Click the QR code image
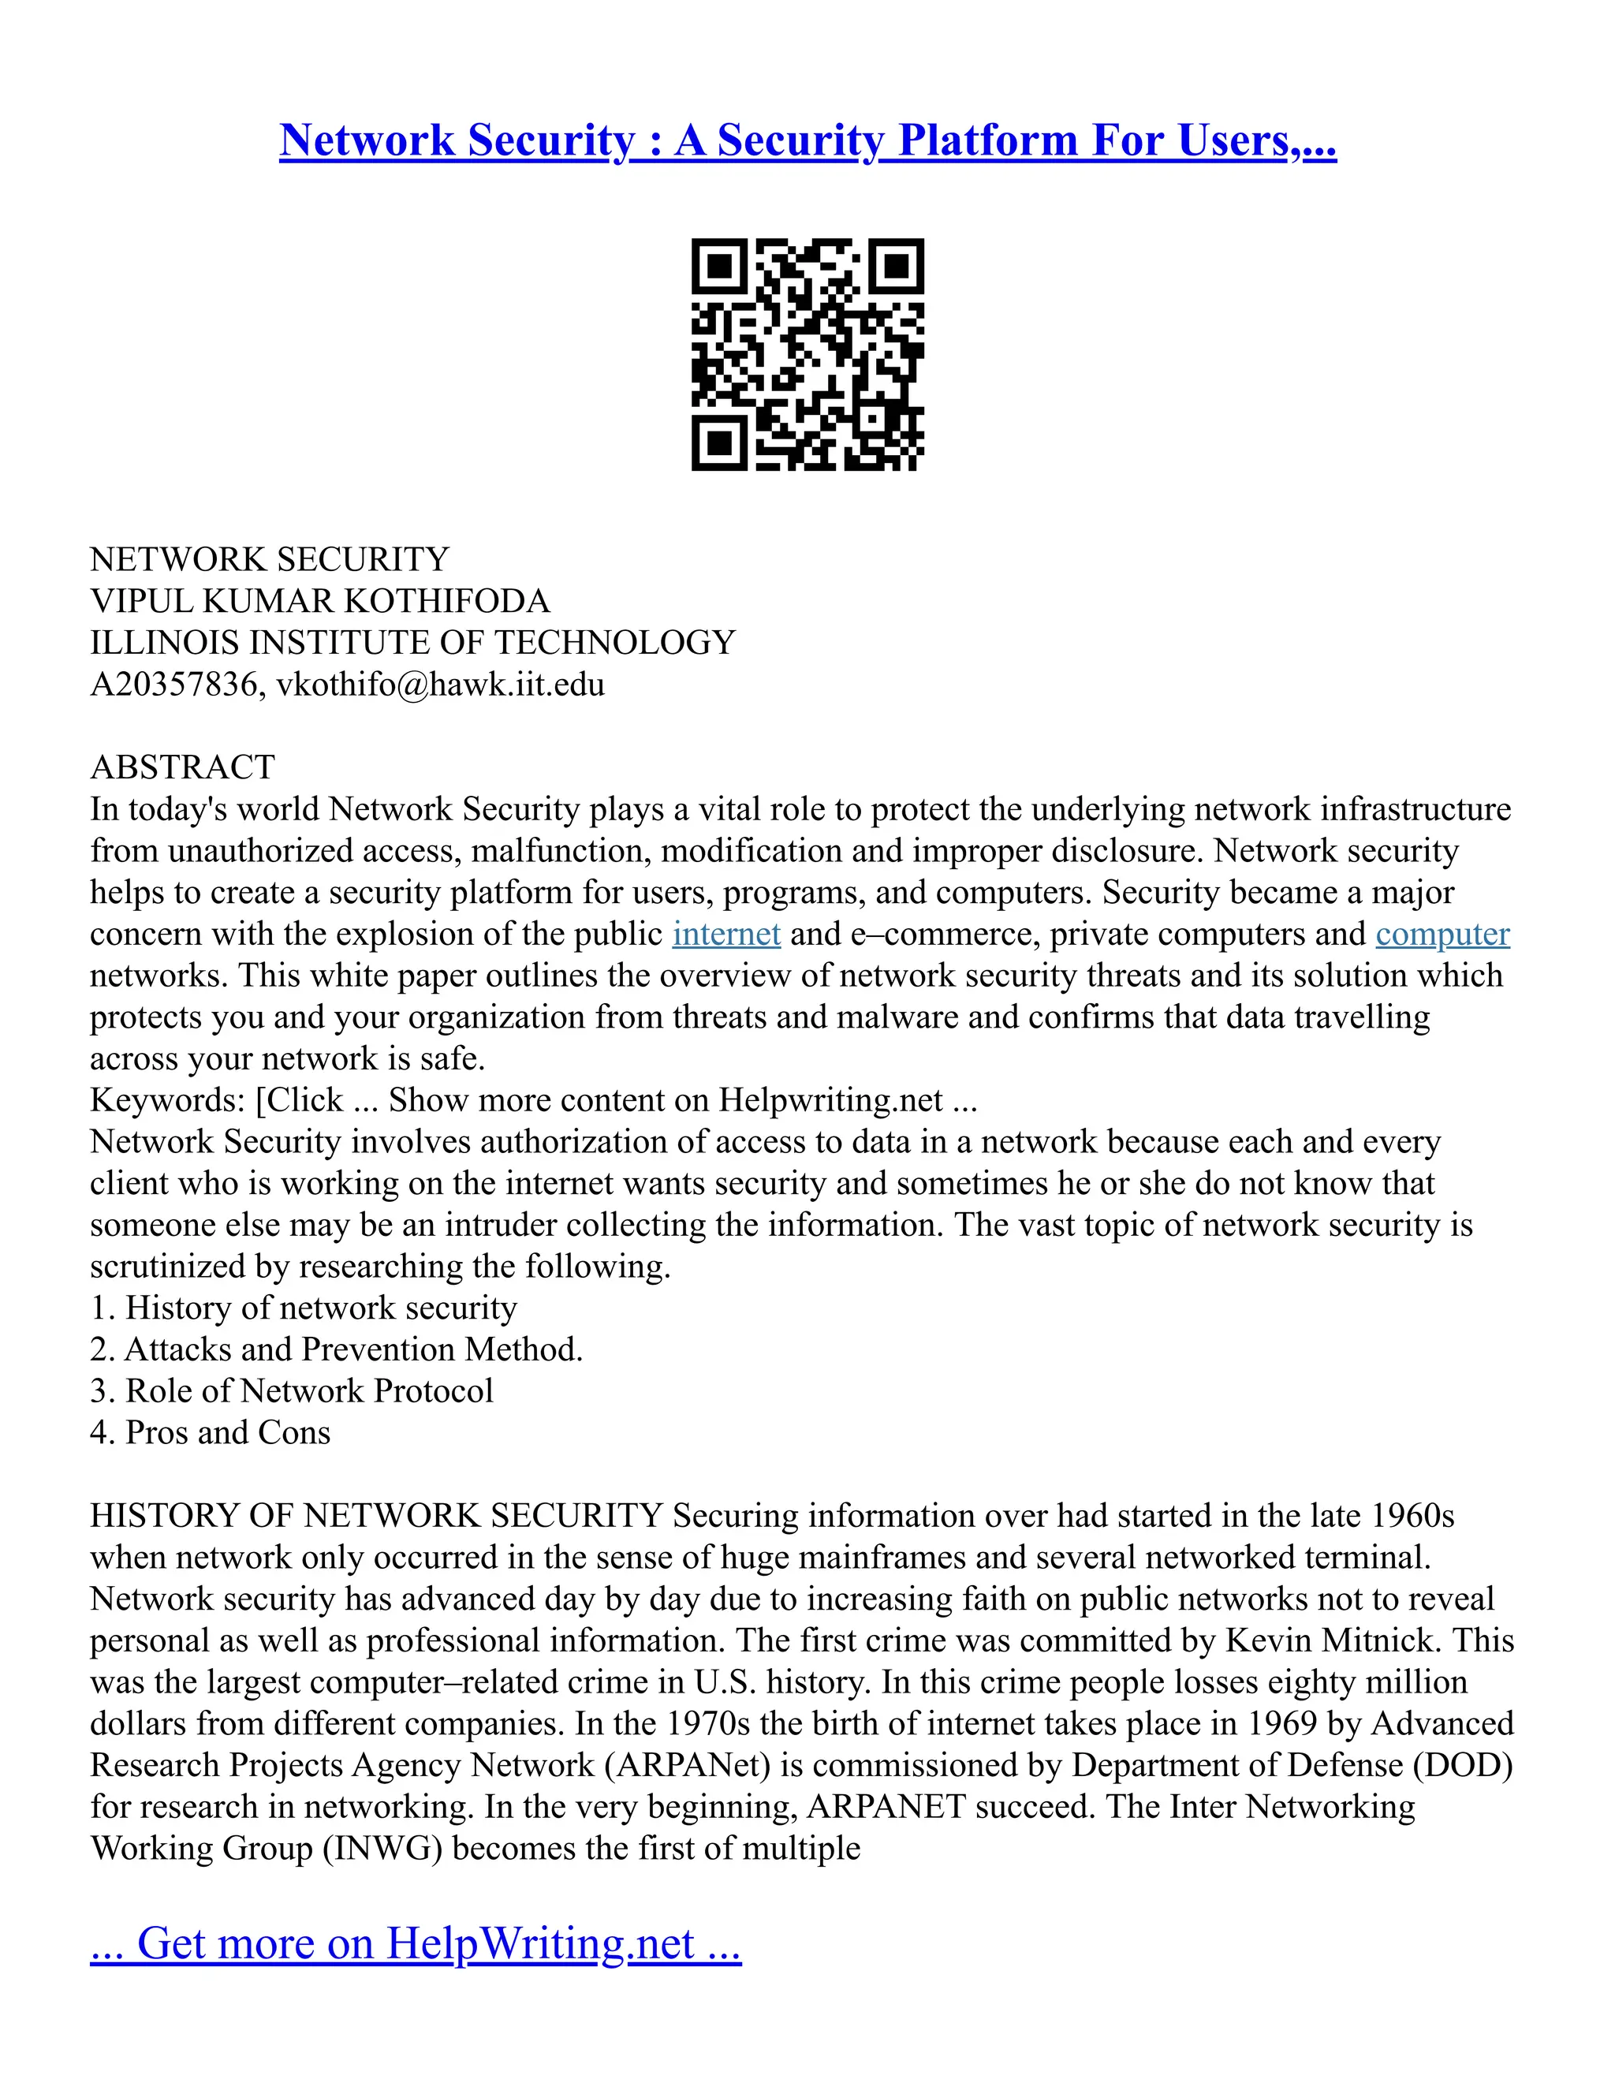click(x=807, y=354)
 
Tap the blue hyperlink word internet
click(x=726, y=934)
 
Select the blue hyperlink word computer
click(x=1442, y=934)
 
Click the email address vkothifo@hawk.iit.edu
click(x=440, y=685)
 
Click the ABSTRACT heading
click(x=182, y=767)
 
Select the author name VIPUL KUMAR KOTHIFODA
click(x=319, y=602)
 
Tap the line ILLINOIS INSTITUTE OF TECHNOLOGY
click(x=412, y=643)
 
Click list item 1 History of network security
click(x=304, y=1308)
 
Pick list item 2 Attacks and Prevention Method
click(x=336, y=1350)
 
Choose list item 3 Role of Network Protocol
click(x=292, y=1391)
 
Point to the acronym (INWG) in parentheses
click(x=382, y=1849)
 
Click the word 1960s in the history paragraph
click(x=1412, y=1517)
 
